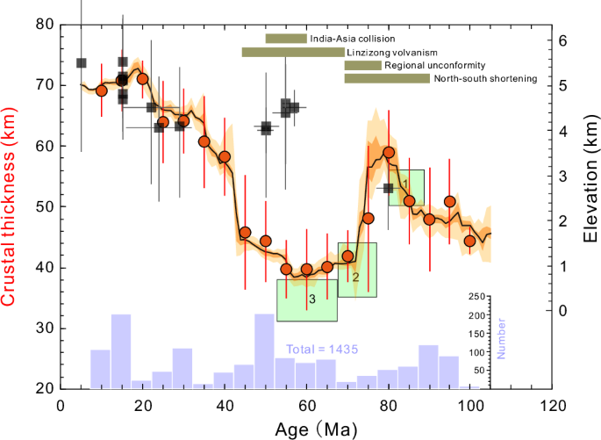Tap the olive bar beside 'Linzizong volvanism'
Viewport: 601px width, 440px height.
[293, 52]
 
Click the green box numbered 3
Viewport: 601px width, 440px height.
[307, 300]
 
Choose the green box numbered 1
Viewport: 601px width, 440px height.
[407, 187]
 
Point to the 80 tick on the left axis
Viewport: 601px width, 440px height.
[41, 25]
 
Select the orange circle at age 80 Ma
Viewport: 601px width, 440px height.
[389, 154]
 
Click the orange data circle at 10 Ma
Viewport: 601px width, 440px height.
[101, 90]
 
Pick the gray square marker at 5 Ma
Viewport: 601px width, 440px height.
[82, 63]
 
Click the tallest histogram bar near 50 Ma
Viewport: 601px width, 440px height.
[265, 350]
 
